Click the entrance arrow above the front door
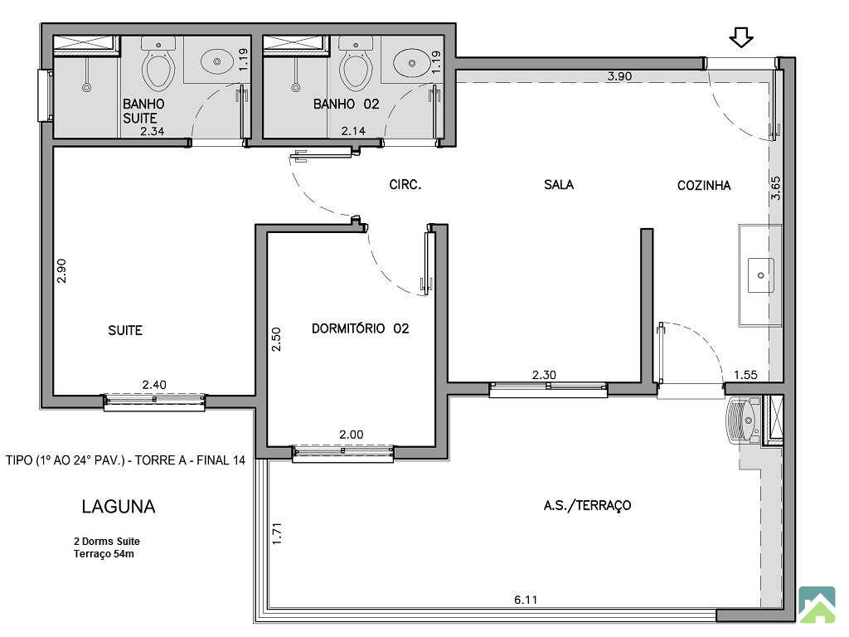(741, 38)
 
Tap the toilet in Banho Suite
(158, 63)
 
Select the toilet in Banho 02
(355, 63)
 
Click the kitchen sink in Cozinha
(761, 275)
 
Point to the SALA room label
(559, 185)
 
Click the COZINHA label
(704, 185)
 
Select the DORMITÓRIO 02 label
(360, 328)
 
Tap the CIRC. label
(405, 185)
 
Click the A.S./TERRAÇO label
(588, 505)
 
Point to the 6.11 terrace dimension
(526, 600)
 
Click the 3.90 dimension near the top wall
(619, 76)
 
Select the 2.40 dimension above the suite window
(154, 385)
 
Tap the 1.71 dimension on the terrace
(277, 533)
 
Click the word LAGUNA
(119, 507)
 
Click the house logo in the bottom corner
(817, 605)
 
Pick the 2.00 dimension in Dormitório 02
(352, 435)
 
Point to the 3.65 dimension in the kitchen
(775, 188)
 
